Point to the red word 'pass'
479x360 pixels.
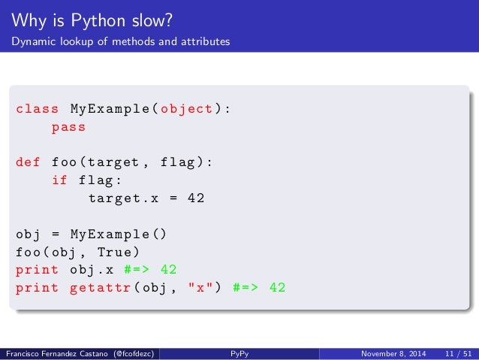pyautogui.click(x=68, y=127)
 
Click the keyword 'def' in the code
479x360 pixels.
pyautogui.click(x=29, y=162)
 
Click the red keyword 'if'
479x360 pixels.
pyautogui.click(x=59, y=180)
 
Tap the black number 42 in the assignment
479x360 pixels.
pyautogui.click(x=196, y=198)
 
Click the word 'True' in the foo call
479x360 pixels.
pyautogui.click(x=123, y=251)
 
